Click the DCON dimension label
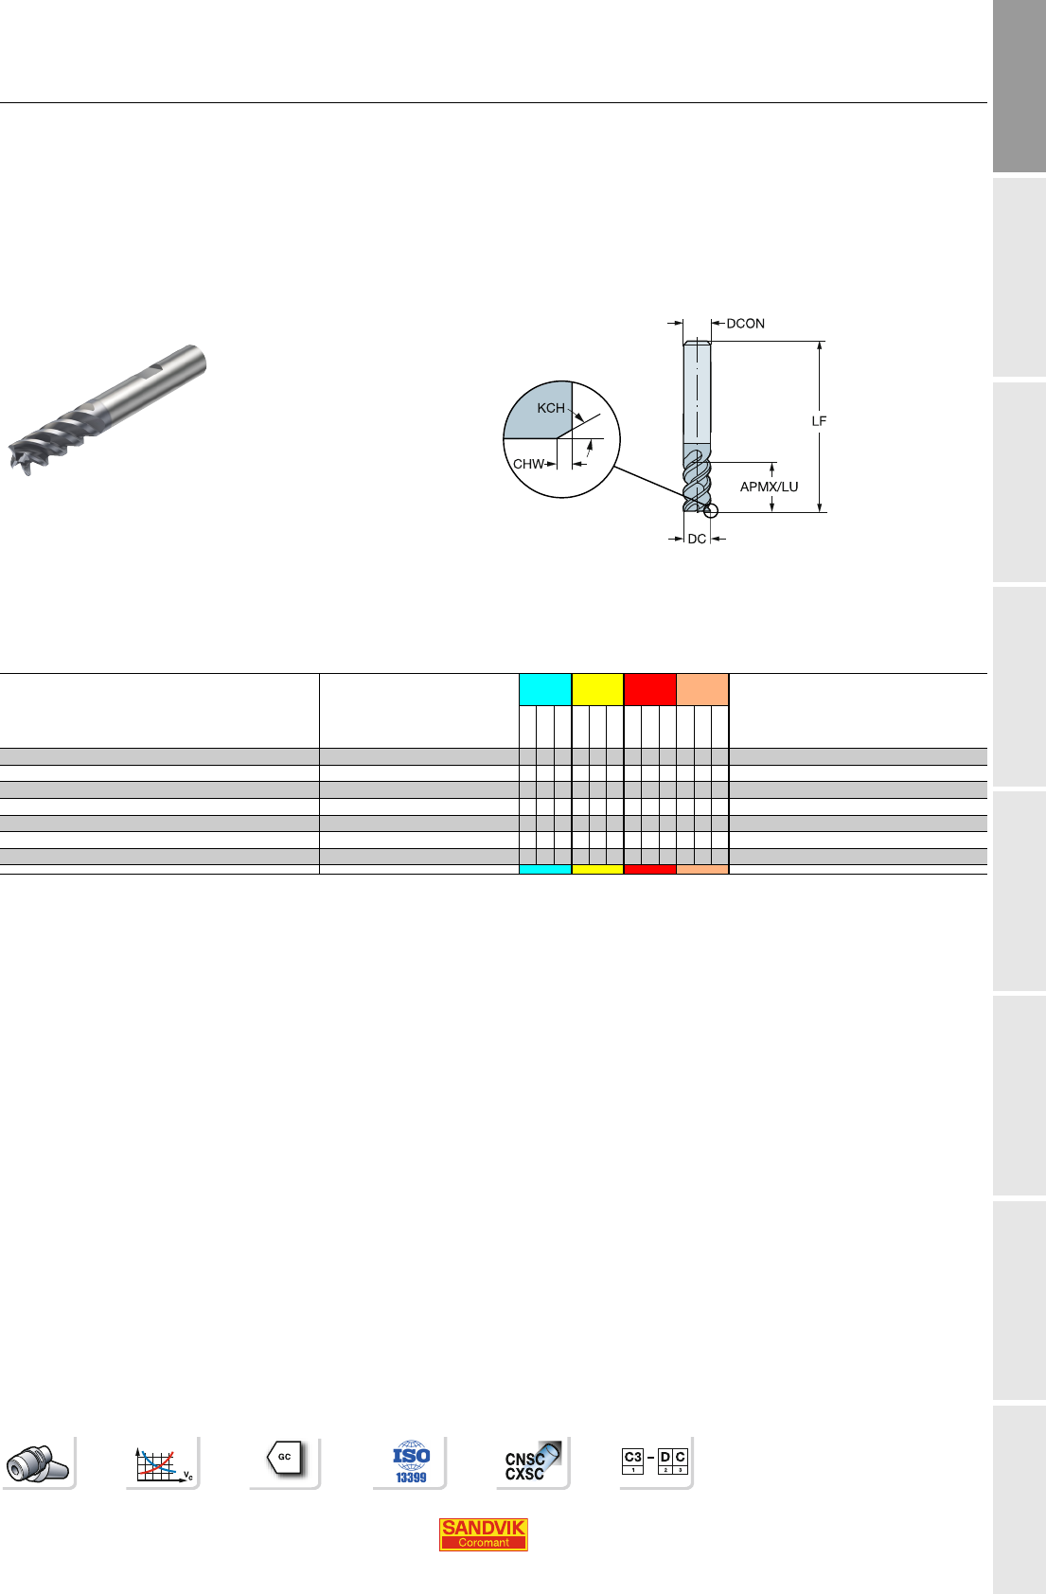click(x=745, y=324)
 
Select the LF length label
click(x=819, y=421)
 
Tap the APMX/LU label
click(x=769, y=487)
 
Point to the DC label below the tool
click(x=697, y=539)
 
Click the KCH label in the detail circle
click(x=551, y=408)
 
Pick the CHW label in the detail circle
click(x=528, y=464)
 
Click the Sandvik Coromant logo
click(x=484, y=1534)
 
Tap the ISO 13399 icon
click(x=411, y=1462)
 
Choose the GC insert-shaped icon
click(x=285, y=1458)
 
